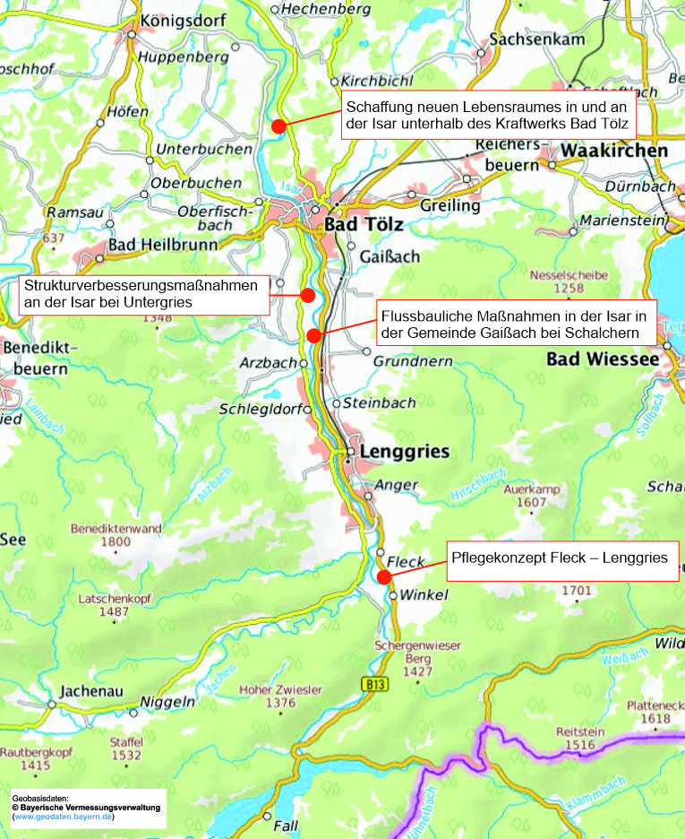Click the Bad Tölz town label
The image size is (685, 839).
[364, 224]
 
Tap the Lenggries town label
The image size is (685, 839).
[404, 452]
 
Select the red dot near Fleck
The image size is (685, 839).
[383, 577]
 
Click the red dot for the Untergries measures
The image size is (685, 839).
[307, 295]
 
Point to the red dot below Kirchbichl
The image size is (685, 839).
[278, 126]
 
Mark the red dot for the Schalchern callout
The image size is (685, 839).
[313, 335]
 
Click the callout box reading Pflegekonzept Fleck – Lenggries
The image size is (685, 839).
[560, 558]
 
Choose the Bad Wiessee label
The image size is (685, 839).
[603, 359]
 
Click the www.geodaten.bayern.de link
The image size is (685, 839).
[63, 817]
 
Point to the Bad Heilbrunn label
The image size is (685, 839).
[159, 245]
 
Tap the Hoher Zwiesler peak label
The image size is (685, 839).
[280, 690]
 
